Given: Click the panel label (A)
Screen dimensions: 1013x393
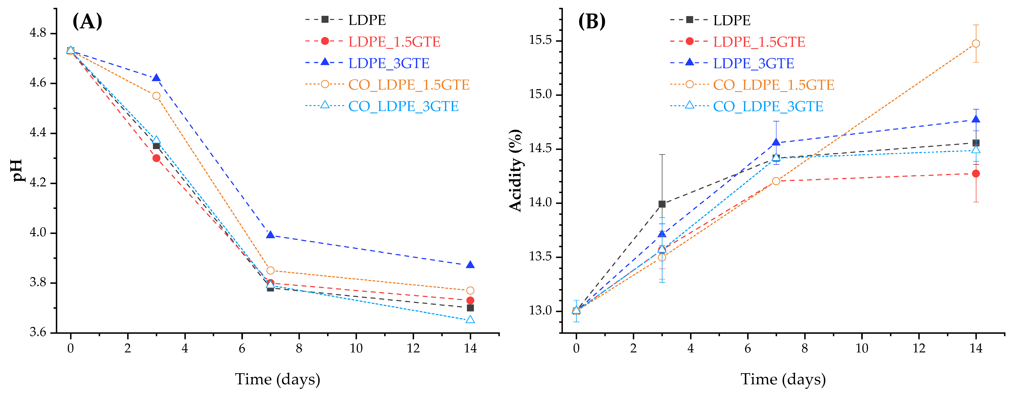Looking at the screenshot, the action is click(x=87, y=21).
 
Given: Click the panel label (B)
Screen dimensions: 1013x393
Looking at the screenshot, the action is click(x=592, y=21).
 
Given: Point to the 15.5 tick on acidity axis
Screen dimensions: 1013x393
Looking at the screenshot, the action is click(x=541, y=40).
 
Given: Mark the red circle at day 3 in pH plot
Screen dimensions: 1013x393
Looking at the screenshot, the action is click(x=156, y=158).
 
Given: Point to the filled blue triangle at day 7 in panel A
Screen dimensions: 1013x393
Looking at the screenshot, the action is click(x=270, y=235).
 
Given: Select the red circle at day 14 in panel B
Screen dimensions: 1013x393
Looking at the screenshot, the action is click(x=976, y=173).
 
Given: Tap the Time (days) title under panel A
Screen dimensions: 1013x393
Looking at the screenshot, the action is click(x=278, y=379).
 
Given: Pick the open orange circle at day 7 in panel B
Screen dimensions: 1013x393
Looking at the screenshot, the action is click(x=776, y=181).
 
